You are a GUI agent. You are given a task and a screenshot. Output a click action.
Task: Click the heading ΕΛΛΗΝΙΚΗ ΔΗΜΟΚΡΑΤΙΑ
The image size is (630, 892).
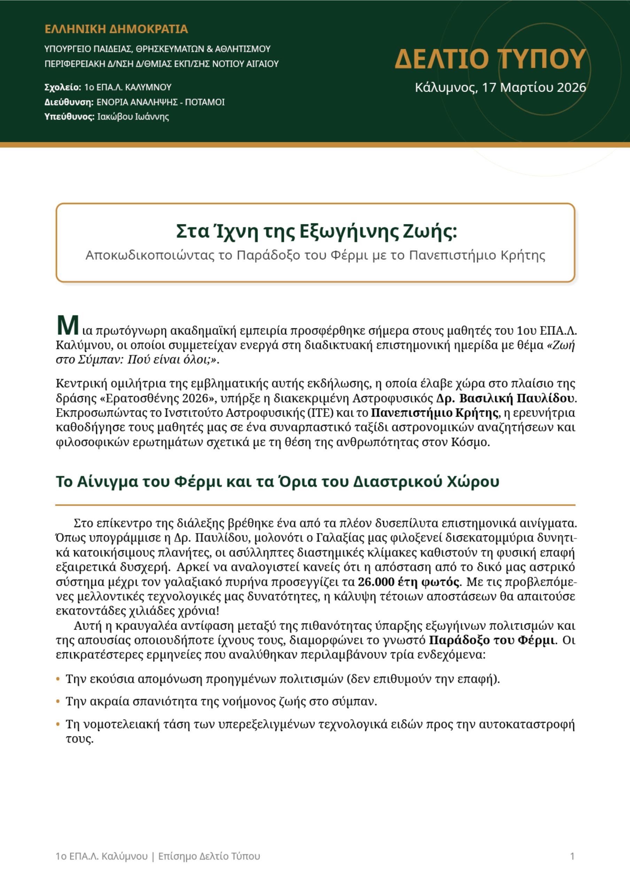[x=116, y=29]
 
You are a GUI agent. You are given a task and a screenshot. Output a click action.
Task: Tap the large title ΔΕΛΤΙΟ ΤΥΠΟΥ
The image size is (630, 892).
[x=490, y=59]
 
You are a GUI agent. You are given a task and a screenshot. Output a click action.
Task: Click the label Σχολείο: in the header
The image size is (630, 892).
[x=63, y=87]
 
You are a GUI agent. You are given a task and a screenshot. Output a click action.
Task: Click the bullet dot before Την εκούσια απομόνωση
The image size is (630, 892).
[x=58, y=679]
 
